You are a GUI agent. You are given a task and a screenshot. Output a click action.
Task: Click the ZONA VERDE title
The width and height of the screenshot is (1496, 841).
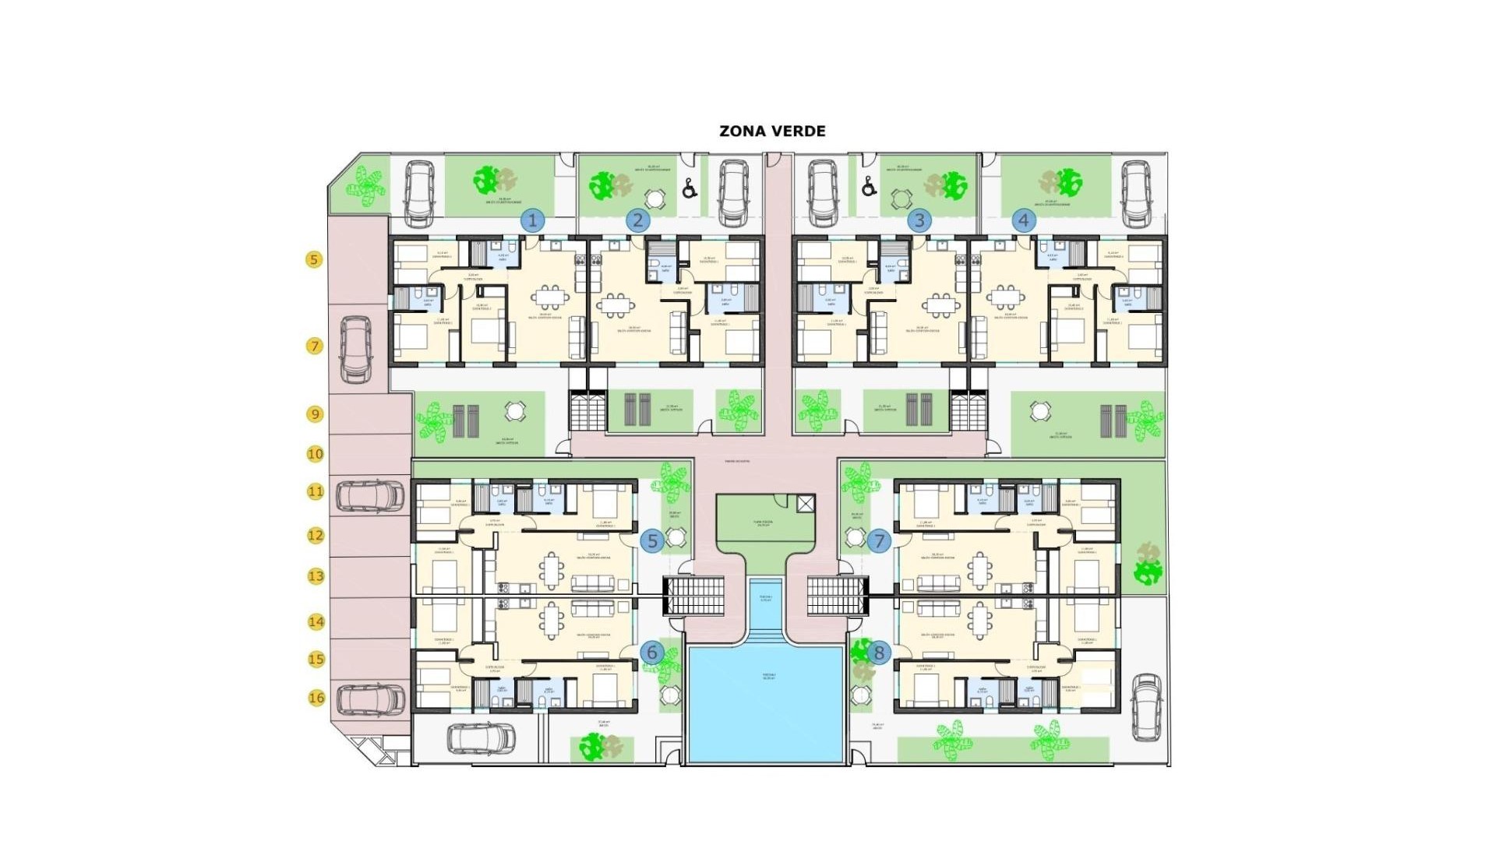click(772, 131)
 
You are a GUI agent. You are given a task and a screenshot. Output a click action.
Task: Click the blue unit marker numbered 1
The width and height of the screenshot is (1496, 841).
click(533, 220)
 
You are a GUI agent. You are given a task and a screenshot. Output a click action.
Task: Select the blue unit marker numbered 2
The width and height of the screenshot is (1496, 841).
click(637, 220)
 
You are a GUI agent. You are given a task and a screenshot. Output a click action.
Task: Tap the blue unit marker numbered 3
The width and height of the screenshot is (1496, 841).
click(919, 220)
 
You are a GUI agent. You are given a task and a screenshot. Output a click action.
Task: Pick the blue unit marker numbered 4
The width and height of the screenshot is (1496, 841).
click(1024, 220)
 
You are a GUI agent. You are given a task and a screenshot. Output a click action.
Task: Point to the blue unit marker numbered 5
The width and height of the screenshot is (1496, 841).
click(653, 540)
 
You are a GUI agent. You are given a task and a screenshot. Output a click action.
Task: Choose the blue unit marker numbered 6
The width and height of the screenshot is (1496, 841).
click(653, 653)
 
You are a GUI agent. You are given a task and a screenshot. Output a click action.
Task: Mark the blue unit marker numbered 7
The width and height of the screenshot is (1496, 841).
click(880, 540)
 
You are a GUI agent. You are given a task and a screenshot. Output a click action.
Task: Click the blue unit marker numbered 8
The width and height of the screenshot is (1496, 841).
click(880, 653)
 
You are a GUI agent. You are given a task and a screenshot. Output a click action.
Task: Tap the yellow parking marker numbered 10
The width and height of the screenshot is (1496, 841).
click(315, 453)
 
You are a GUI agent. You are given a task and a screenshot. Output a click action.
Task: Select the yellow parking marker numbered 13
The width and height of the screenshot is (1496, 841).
click(316, 576)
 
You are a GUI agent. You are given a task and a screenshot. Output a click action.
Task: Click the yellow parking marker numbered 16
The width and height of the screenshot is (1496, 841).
click(316, 698)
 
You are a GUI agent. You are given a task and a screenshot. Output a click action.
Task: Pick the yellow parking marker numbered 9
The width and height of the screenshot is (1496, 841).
click(315, 413)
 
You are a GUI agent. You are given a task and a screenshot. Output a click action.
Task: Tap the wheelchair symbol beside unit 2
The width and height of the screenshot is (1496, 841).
click(689, 188)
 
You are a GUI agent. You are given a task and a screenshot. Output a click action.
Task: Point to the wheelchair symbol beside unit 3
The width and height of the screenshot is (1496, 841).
click(870, 188)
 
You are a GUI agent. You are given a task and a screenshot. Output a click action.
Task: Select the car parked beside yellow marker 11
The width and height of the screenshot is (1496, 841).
click(370, 496)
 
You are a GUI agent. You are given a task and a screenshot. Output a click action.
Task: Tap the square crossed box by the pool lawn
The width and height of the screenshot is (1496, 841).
click(806, 503)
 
